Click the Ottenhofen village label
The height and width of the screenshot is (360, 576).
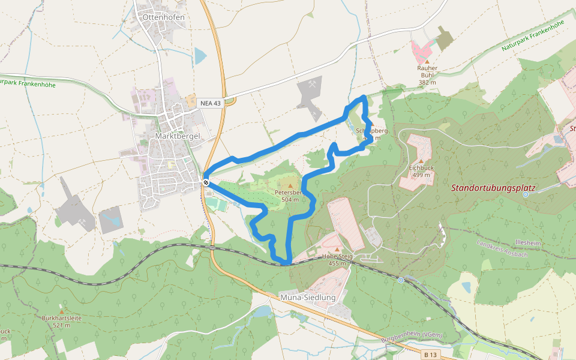pyautogui.click(x=163, y=17)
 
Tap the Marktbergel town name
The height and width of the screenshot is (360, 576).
pyautogui.click(x=177, y=136)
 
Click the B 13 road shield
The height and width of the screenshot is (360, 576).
pyautogui.click(x=429, y=355)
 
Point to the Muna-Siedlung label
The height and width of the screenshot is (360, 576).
pyautogui.click(x=305, y=297)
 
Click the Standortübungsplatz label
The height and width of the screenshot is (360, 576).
pyautogui.click(x=501, y=188)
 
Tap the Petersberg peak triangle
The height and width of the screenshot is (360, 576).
pyautogui.click(x=291, y=186)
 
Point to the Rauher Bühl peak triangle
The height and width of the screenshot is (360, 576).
pyautogui.click(x=427, y=61)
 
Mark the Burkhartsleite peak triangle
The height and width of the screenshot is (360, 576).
pyautogui.click(x=61, y=311)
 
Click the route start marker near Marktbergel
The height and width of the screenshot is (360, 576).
pyautogui.click(x=206, y=182)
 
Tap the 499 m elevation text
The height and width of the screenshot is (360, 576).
pyautogui.click(x=421, y=175)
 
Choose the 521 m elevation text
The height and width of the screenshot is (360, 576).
pyautogui.click(x=61, y=325)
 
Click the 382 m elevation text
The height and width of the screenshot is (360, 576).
pyautogui.click(x=427, y=82)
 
